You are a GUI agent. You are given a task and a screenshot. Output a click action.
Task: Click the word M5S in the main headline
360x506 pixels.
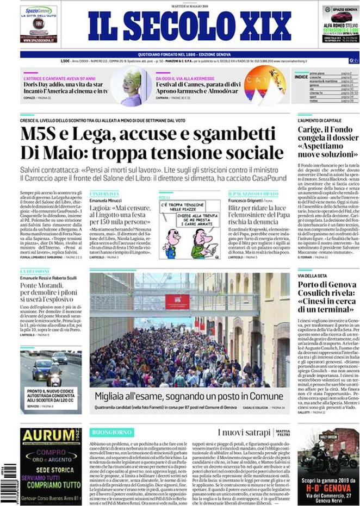click(42, 134)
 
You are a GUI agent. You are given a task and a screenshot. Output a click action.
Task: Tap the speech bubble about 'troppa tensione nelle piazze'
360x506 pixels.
click(181, 208)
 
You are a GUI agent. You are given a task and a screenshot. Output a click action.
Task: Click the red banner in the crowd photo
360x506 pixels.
click(177, 302)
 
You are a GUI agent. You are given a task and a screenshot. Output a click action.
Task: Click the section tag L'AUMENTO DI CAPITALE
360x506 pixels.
click(320, 120)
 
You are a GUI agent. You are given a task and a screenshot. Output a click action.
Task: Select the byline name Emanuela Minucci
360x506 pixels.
click(106, 199)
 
